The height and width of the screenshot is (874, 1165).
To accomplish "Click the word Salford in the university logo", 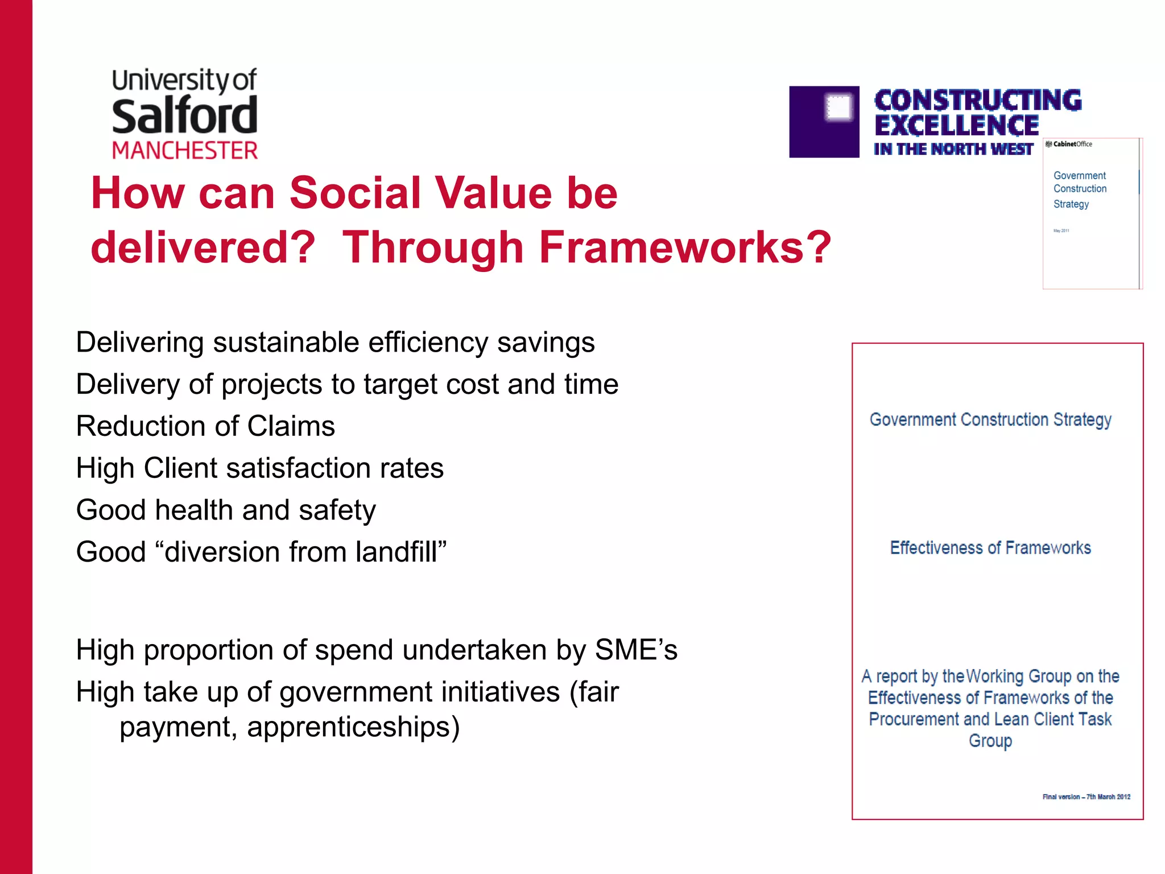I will click(x=184, y=116).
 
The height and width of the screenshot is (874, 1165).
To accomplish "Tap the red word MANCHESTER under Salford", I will click(x=184, y=151).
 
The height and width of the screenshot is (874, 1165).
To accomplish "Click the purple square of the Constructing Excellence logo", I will click(x=824, y=122).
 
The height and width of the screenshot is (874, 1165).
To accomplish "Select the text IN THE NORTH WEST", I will click(x=953, y=149).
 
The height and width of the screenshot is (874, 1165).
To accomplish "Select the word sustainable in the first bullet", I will click(x=286, y=343).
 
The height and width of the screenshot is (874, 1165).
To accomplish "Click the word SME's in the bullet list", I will click(x=636, y=650).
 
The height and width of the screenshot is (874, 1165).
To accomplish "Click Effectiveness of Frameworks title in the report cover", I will click(x=990, y=547).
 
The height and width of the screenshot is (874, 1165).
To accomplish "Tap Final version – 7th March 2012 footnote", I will click(x=1086, y=797).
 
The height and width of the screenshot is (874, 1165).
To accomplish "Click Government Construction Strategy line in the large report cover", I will click(x=990, y=419).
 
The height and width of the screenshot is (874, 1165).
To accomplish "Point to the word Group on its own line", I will click(x=990, y=741).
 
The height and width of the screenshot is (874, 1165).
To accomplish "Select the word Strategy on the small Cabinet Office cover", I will click(x=1071, y=204).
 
